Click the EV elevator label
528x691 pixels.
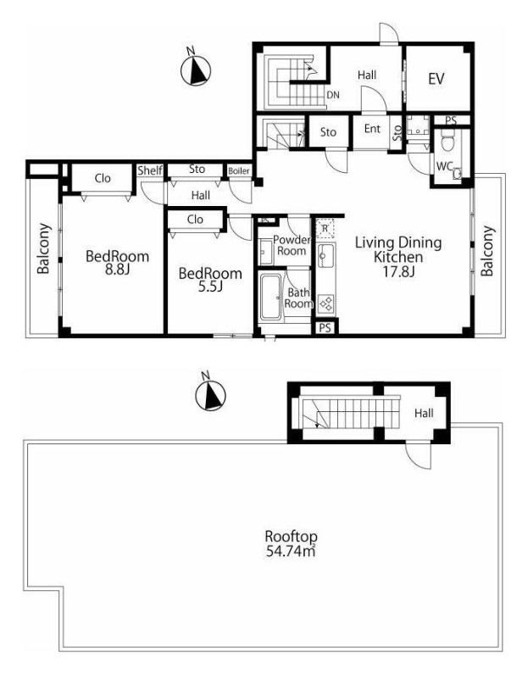point(436,79)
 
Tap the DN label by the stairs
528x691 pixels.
point(333,95)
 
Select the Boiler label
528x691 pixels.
point(239,171)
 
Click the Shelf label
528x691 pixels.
point(150,170)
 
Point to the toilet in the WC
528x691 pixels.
point(447,143)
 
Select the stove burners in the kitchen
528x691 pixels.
point(326,304)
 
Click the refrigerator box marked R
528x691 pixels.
point(325,228)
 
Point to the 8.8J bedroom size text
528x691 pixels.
point(117,270)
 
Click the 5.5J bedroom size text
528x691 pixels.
point(210,287)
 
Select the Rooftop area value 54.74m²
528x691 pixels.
point(291,551)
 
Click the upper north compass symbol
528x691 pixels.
point(196,69)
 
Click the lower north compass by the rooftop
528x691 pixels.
point(210,393)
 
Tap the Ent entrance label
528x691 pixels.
point(372,129)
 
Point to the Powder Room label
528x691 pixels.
point(290,246)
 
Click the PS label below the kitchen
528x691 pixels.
point(325,328)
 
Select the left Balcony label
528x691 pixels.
point(43,248)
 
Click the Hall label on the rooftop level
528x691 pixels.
point(424,413)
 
